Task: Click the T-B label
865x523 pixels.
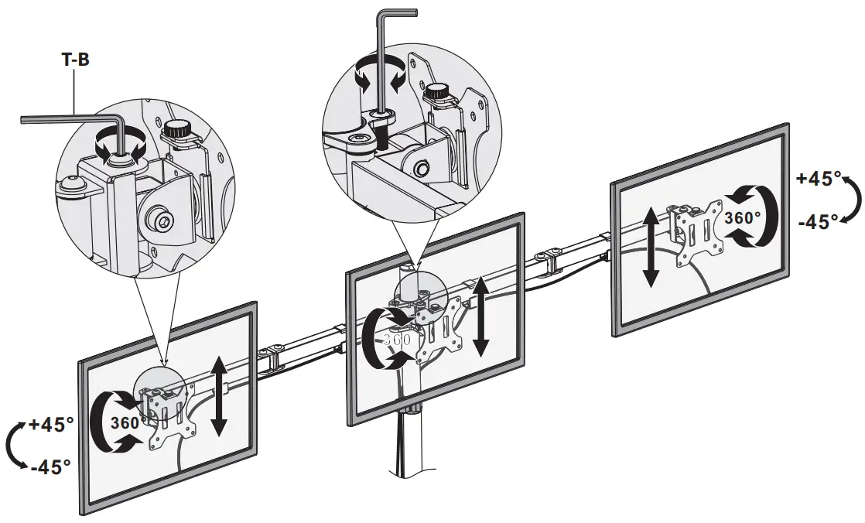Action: tap(75, 59)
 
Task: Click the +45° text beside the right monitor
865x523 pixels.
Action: tap(819, 179)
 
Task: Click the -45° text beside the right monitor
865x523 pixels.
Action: tap(819, 222)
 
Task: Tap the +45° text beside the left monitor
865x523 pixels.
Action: tap(51, 424)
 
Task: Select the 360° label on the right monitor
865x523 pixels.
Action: tap(743, 218)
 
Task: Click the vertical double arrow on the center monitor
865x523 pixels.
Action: tap(481, 316)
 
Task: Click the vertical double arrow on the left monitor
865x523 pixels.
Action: tap(219, 395)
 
